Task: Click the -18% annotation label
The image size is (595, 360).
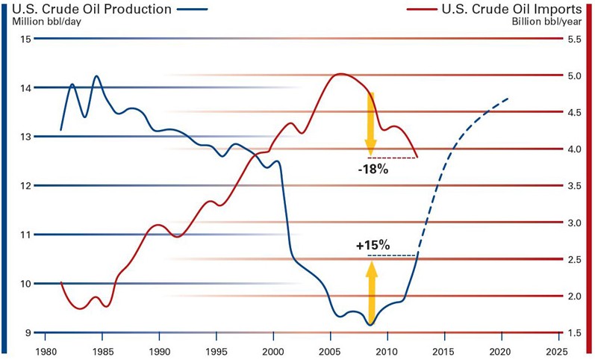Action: (x=373, y=169)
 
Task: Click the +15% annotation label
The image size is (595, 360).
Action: (x=373, y=245)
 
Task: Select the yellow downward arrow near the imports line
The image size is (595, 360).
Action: (x=370, y=122)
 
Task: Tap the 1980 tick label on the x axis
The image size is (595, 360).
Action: (x=46, y=350)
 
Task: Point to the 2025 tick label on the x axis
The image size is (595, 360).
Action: (x=555, y=350)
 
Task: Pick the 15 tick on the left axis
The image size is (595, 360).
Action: (x=25, y=39)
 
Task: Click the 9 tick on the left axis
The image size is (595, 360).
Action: (x=27, y=332)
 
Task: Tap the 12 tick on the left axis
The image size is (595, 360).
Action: (x=25, y=185)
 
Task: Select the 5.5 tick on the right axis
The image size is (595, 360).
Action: (x=574, y=39)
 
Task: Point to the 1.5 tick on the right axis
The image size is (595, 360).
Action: (x=574, y=332)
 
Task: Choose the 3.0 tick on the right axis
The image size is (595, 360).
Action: (x=574, y=223)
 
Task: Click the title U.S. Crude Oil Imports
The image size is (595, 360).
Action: (x=511, y=9)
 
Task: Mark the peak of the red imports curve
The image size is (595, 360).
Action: (x=340, y=74)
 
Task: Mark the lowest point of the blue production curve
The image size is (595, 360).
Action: (x=370, y=325)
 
